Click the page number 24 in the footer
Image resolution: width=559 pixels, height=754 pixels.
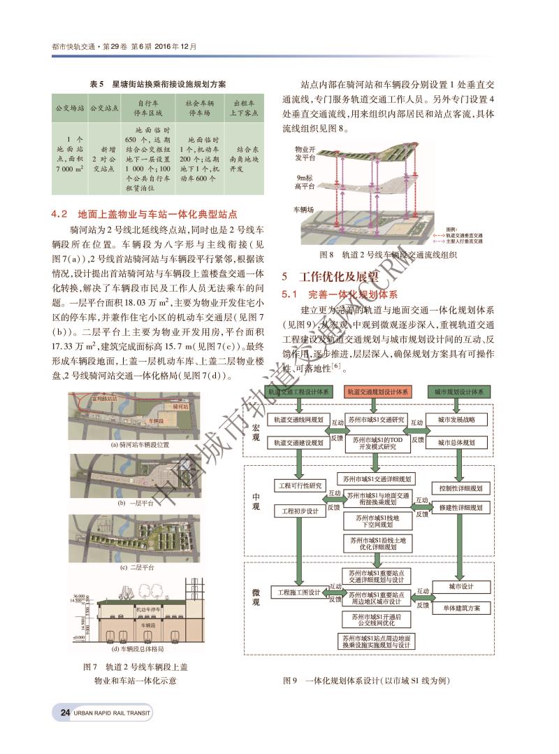coord(65,713)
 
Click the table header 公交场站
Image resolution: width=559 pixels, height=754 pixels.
coord(70,108)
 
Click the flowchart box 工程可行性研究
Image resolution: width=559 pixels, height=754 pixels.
coord(301,485)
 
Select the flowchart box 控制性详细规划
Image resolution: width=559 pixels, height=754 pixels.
coord(460,488)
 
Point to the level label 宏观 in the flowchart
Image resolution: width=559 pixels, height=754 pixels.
coord(256,432)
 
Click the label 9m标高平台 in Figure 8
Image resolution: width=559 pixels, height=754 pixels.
coord(305,182)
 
